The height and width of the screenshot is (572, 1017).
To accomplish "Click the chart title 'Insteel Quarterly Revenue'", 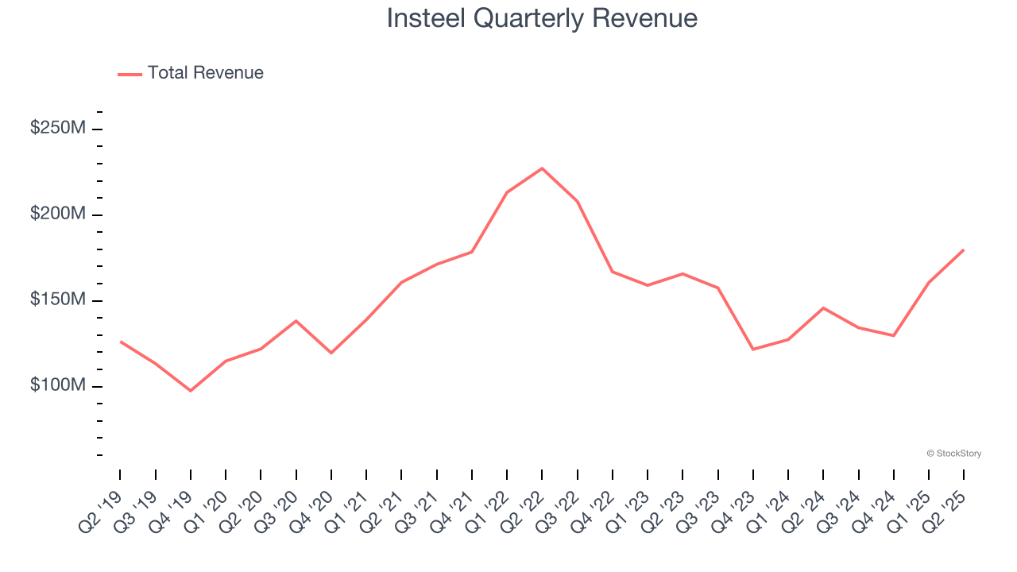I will tap(542, 18).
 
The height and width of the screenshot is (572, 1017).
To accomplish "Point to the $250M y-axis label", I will tap(57, 129).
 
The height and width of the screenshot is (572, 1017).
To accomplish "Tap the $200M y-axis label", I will tap(57, 214).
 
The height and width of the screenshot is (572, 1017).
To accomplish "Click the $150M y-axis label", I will tap(57, 300).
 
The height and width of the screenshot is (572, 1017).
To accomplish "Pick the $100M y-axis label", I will tap(57, 386).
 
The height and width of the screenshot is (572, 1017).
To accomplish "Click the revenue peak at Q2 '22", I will tap(542, 168).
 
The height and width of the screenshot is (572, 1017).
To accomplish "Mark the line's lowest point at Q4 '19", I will tap(191, 391).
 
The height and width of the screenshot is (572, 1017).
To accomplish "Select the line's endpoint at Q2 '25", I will tap(963, 250).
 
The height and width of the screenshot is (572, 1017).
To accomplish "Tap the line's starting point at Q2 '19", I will tap(121, 342).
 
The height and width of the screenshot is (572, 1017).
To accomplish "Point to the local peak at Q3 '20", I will tap(296, 321).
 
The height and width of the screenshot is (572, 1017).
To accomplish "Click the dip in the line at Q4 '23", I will tap(752, 350).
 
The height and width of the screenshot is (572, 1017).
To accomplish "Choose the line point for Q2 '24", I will tap(823, 308).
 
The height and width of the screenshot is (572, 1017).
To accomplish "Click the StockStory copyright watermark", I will tap(953, 454).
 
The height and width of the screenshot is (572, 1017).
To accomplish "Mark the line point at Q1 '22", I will tap(507, 192).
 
